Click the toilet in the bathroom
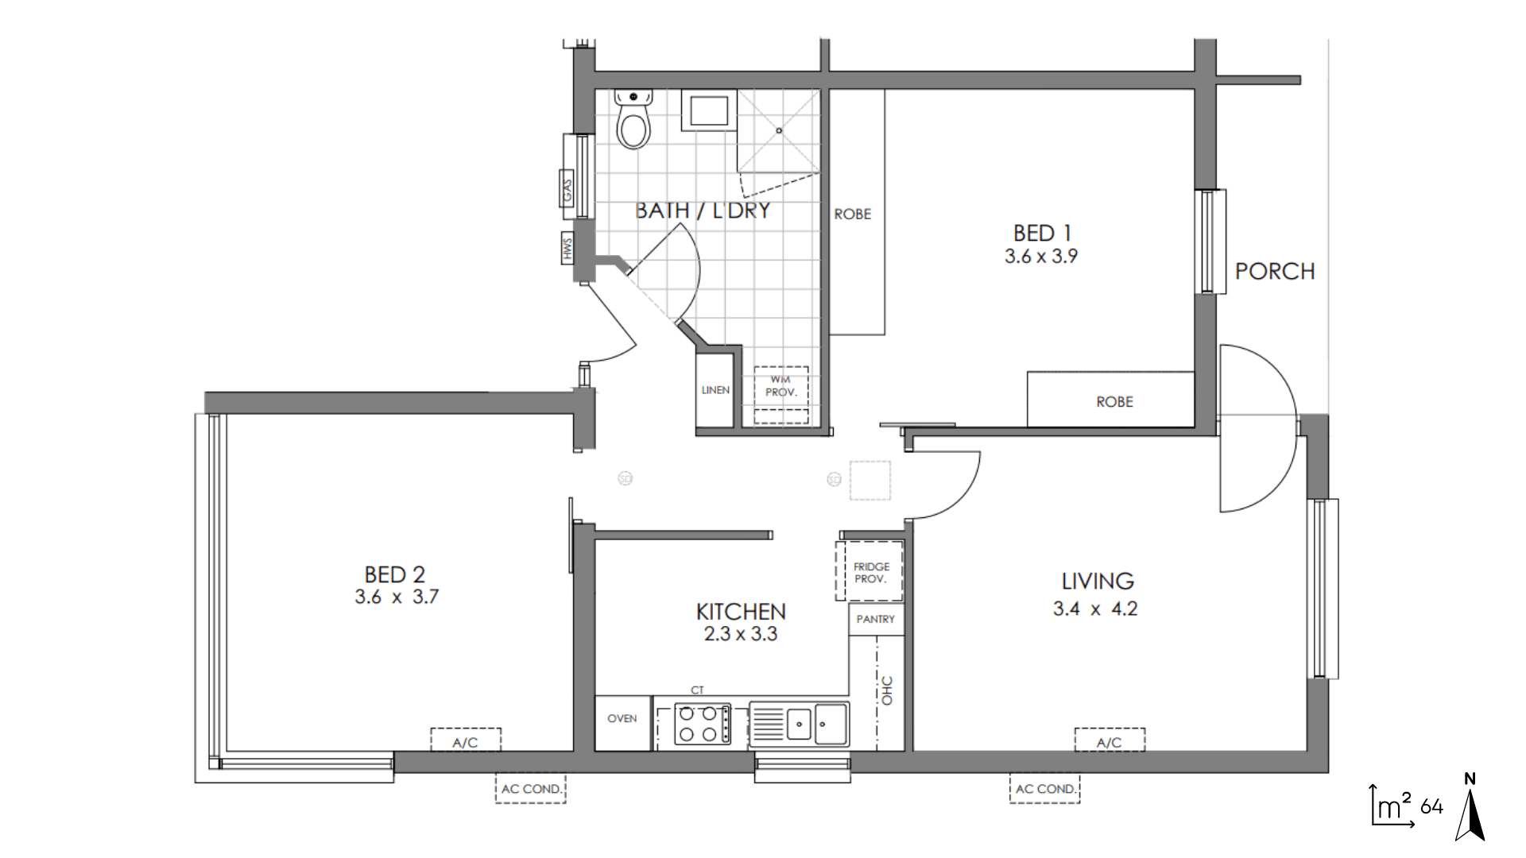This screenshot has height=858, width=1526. pos(633,119)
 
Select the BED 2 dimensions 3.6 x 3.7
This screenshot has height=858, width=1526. pos(397,597)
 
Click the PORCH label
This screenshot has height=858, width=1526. pos(1275,272)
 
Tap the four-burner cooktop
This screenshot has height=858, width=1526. pos(703,724)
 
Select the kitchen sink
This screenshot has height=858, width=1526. pos(799,725)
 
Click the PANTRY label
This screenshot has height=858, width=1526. pos(875,620)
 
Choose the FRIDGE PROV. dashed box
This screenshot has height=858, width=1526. pos(870,571)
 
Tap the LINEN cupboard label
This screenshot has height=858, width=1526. pos(715,390)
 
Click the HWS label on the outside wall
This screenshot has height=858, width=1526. pos(567,249)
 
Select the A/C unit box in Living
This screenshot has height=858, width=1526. pos(1110,740)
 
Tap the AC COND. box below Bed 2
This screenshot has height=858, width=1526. pos(531,789)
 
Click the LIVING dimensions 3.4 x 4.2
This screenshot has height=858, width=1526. pos(1095,609)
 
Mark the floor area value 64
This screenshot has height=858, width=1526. pos(1431,807)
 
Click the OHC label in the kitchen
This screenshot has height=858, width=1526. pos(887,690)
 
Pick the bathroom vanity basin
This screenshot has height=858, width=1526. pos(708,111)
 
